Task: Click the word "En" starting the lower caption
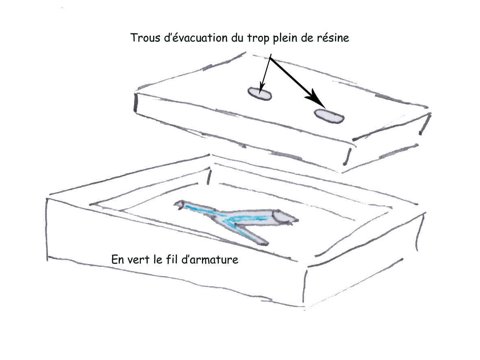coord(117,260)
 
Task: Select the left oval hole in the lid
coord(260,94)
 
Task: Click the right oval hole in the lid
coord(329,116)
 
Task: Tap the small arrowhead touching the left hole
coord(261,88)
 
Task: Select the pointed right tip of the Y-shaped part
coord(298,220)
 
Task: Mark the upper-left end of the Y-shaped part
coord(176,204)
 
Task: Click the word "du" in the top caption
coord(237,38)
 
